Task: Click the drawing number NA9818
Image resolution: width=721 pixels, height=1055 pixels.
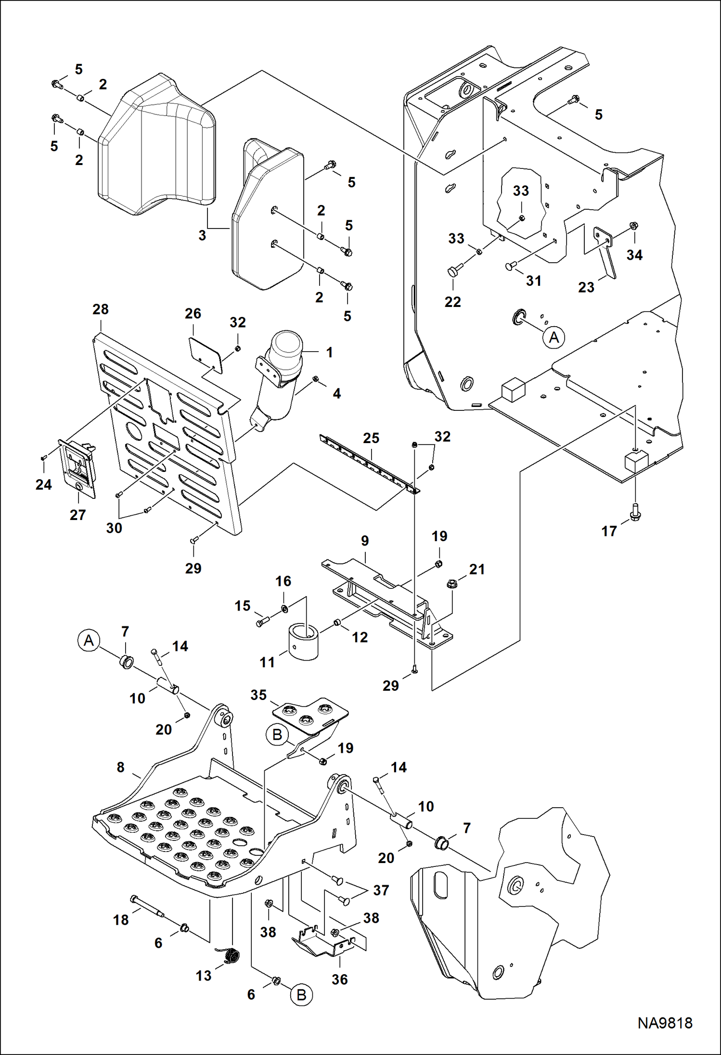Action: (x=665, y=1022)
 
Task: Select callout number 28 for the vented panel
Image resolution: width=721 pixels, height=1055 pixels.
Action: (x=101, y=309)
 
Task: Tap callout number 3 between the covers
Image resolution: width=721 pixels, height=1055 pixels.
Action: (x=202, y=235)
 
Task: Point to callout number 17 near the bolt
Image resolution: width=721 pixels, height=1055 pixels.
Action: (x=609, y=531)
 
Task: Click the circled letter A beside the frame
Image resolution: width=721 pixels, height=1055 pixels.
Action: (x=554, y=337)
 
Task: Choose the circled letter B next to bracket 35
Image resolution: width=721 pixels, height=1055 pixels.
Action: (x=277, y=735)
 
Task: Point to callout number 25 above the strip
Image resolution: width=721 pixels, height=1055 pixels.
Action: (x=371, y=438)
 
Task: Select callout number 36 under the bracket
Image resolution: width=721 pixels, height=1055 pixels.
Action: (x=339, y=979)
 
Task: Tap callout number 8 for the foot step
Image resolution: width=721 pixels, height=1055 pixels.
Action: (x=120, y=767)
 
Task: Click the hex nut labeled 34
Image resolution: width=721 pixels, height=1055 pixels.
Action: (x=634, y=226)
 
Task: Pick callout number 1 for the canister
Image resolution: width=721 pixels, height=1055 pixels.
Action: (x=329, y=352)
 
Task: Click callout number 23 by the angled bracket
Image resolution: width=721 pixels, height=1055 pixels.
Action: (x=586, y=287)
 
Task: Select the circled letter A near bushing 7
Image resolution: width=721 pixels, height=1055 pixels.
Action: (x=89, y=640)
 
